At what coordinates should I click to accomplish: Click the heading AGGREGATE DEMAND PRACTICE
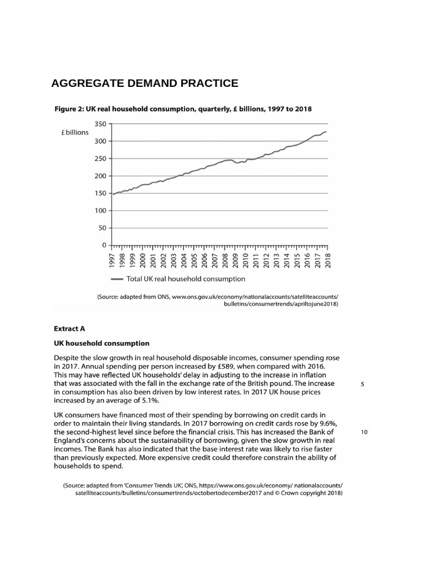click(144, 84)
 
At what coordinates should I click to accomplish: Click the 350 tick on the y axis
click(100, 124)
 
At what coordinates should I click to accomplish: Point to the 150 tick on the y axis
click(100, 194)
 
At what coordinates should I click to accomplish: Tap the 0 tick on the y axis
click(104, 245)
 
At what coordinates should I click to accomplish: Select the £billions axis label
click(74, 133)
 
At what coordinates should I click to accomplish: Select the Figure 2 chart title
click(182, 109)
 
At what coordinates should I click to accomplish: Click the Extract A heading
click(69, 329)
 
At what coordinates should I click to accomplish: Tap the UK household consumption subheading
click(101, 343)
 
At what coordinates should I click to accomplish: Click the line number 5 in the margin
click(362, 385)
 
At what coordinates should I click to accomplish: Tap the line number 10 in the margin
click(364, 432)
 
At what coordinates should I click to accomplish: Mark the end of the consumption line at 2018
click(326, 131)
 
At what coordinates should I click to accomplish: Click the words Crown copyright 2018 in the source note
click(305, 494)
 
